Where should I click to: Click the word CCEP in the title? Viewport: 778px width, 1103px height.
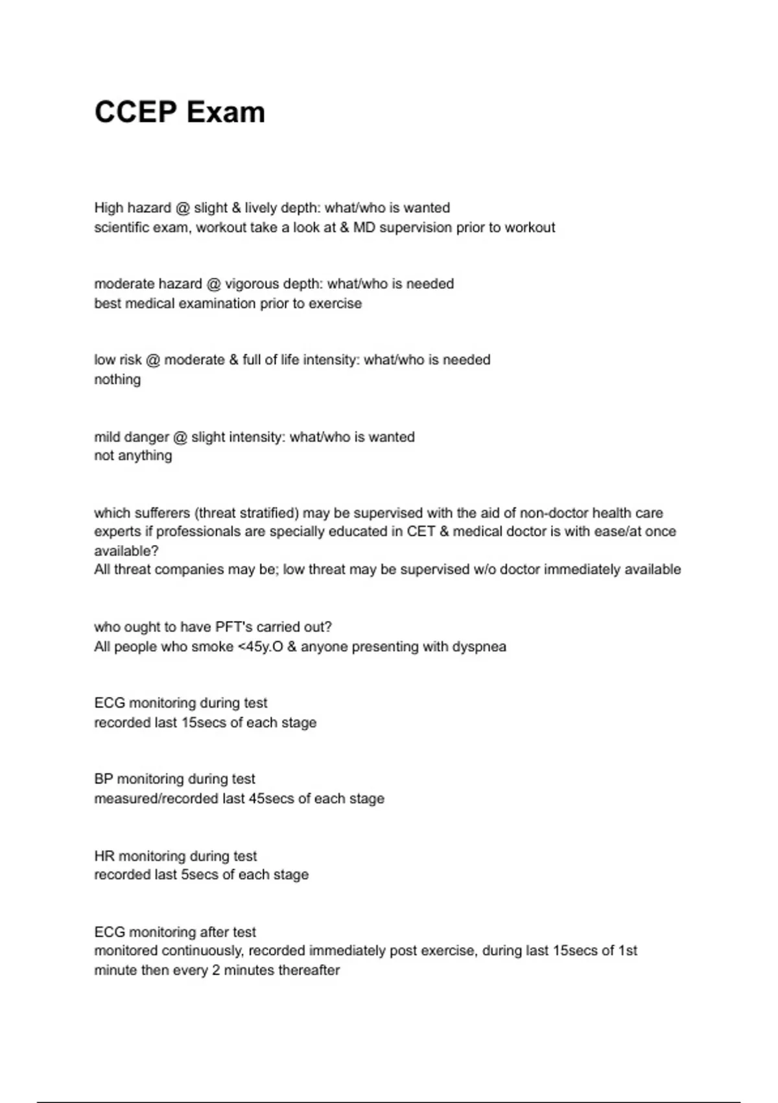coord(135,112)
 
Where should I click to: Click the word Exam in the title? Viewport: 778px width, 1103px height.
coord(226,112)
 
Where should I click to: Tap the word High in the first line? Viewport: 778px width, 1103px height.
coord(108,208)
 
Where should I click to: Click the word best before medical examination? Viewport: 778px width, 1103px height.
coord(108,303)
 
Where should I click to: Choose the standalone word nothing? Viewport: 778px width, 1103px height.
coord(117,379)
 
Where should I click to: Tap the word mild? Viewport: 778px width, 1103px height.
coord(107,437)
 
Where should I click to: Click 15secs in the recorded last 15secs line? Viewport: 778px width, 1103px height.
coord(204,722)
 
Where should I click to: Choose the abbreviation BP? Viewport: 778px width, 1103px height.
coord(103,779)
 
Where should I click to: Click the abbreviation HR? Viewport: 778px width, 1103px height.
coord(104,856)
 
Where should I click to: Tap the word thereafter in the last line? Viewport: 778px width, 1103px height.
coord(309,970)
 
